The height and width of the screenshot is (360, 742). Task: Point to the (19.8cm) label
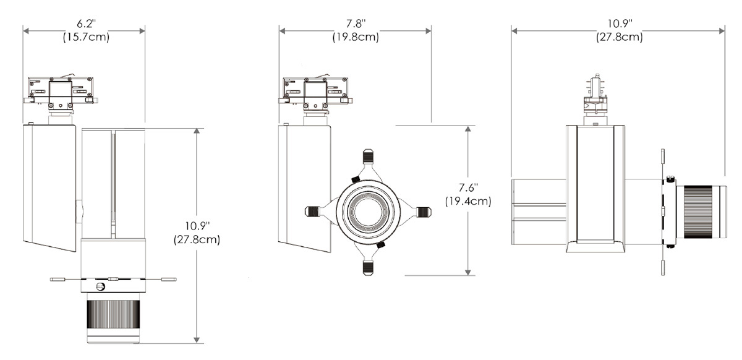coord(356,37)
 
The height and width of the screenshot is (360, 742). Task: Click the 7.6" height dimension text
coord(469,188)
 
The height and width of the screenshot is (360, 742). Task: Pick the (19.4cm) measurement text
coord(469,201)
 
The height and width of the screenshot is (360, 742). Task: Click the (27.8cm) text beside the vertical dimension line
coord(197,239)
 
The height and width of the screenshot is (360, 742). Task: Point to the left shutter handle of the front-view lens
coord(313,212)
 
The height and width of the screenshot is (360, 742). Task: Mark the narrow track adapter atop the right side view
coord(594,96)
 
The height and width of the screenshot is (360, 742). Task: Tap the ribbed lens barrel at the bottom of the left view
coord(113,315)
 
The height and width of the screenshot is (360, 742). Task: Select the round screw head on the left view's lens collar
coord(101,286)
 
